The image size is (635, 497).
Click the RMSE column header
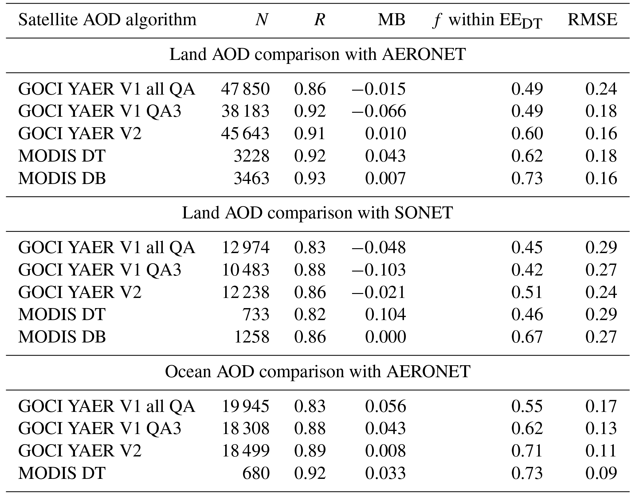click(592, 20)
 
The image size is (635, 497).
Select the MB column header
click(391, 20)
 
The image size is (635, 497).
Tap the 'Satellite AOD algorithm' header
click(107, 20)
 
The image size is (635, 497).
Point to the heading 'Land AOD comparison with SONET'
click(317, 213)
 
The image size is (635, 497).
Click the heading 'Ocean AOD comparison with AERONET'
click(317, 371)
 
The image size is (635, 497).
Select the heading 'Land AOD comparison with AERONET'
click(317, 54)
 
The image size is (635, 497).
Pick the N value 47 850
click(245, 89)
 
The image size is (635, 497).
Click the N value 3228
click(251, 156)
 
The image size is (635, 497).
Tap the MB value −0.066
click(379, 111)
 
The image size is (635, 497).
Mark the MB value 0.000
click(385, 337)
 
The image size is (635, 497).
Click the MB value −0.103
click(379, 270)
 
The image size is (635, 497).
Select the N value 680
click(256, 473)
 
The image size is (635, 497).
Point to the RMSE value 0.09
click(601, 473)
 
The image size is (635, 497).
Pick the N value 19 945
click(245, 406)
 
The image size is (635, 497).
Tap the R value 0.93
click(310, 178)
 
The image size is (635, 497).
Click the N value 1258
click(251, 337)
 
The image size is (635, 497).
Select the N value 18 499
click(245, 451)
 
